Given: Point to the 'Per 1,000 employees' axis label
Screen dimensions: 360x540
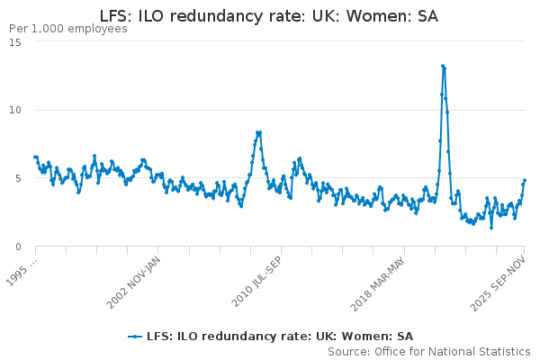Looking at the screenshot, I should pos(67,29).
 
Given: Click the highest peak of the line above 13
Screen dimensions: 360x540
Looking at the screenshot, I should pos(443,66).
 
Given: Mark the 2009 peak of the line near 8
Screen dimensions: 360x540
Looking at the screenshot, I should pos(258,132).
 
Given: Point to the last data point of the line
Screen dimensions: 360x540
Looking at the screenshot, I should pos(525,180).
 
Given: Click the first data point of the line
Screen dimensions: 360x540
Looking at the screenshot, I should pos(35,157).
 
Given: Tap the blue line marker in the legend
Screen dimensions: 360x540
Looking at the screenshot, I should pos(135,337).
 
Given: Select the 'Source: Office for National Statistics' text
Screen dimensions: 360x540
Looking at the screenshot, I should pos(429,351).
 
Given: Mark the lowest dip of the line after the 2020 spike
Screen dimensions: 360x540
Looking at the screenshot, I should pos(491,227).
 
